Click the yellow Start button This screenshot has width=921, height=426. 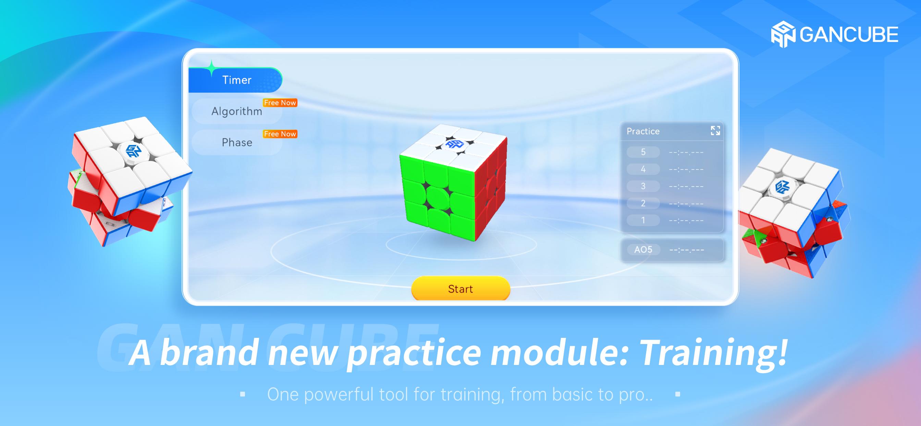tap(460, 288)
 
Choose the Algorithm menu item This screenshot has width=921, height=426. tap(237, 111)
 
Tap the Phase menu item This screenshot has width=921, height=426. tap(237, 142)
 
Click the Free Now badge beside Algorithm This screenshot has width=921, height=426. tap(280, 103)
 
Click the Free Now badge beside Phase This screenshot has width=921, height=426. tap(280, 134)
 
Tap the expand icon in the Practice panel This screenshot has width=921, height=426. tap(715, 131)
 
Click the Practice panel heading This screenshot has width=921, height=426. tap(643, 131)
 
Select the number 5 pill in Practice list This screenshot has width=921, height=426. tap(643, 152)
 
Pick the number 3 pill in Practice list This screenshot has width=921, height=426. tap(643, 186)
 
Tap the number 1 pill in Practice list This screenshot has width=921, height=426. tap(643, 220)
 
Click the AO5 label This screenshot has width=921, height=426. tap(643, 249)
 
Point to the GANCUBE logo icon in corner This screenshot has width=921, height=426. tap(783, 34)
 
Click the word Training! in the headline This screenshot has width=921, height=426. tap(713, 353)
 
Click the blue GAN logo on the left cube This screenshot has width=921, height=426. tap(133, 151)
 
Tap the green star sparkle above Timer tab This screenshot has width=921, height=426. tap(211, 68)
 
